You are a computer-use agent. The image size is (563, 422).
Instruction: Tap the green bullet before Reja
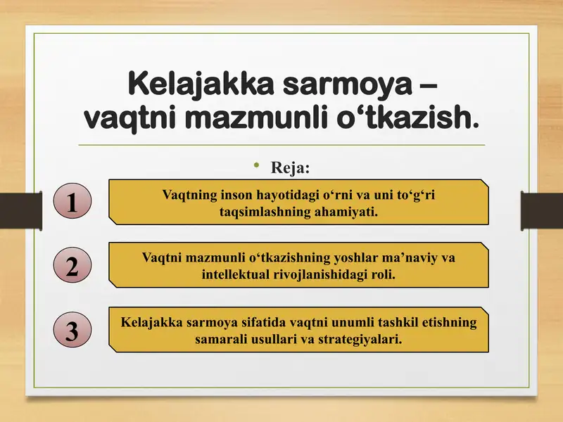click(258, 167)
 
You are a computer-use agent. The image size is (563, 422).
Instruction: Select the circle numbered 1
click(72, 202)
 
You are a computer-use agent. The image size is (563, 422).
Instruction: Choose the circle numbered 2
click(72, 267)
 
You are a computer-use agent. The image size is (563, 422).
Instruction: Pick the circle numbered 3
click(72, 331)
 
